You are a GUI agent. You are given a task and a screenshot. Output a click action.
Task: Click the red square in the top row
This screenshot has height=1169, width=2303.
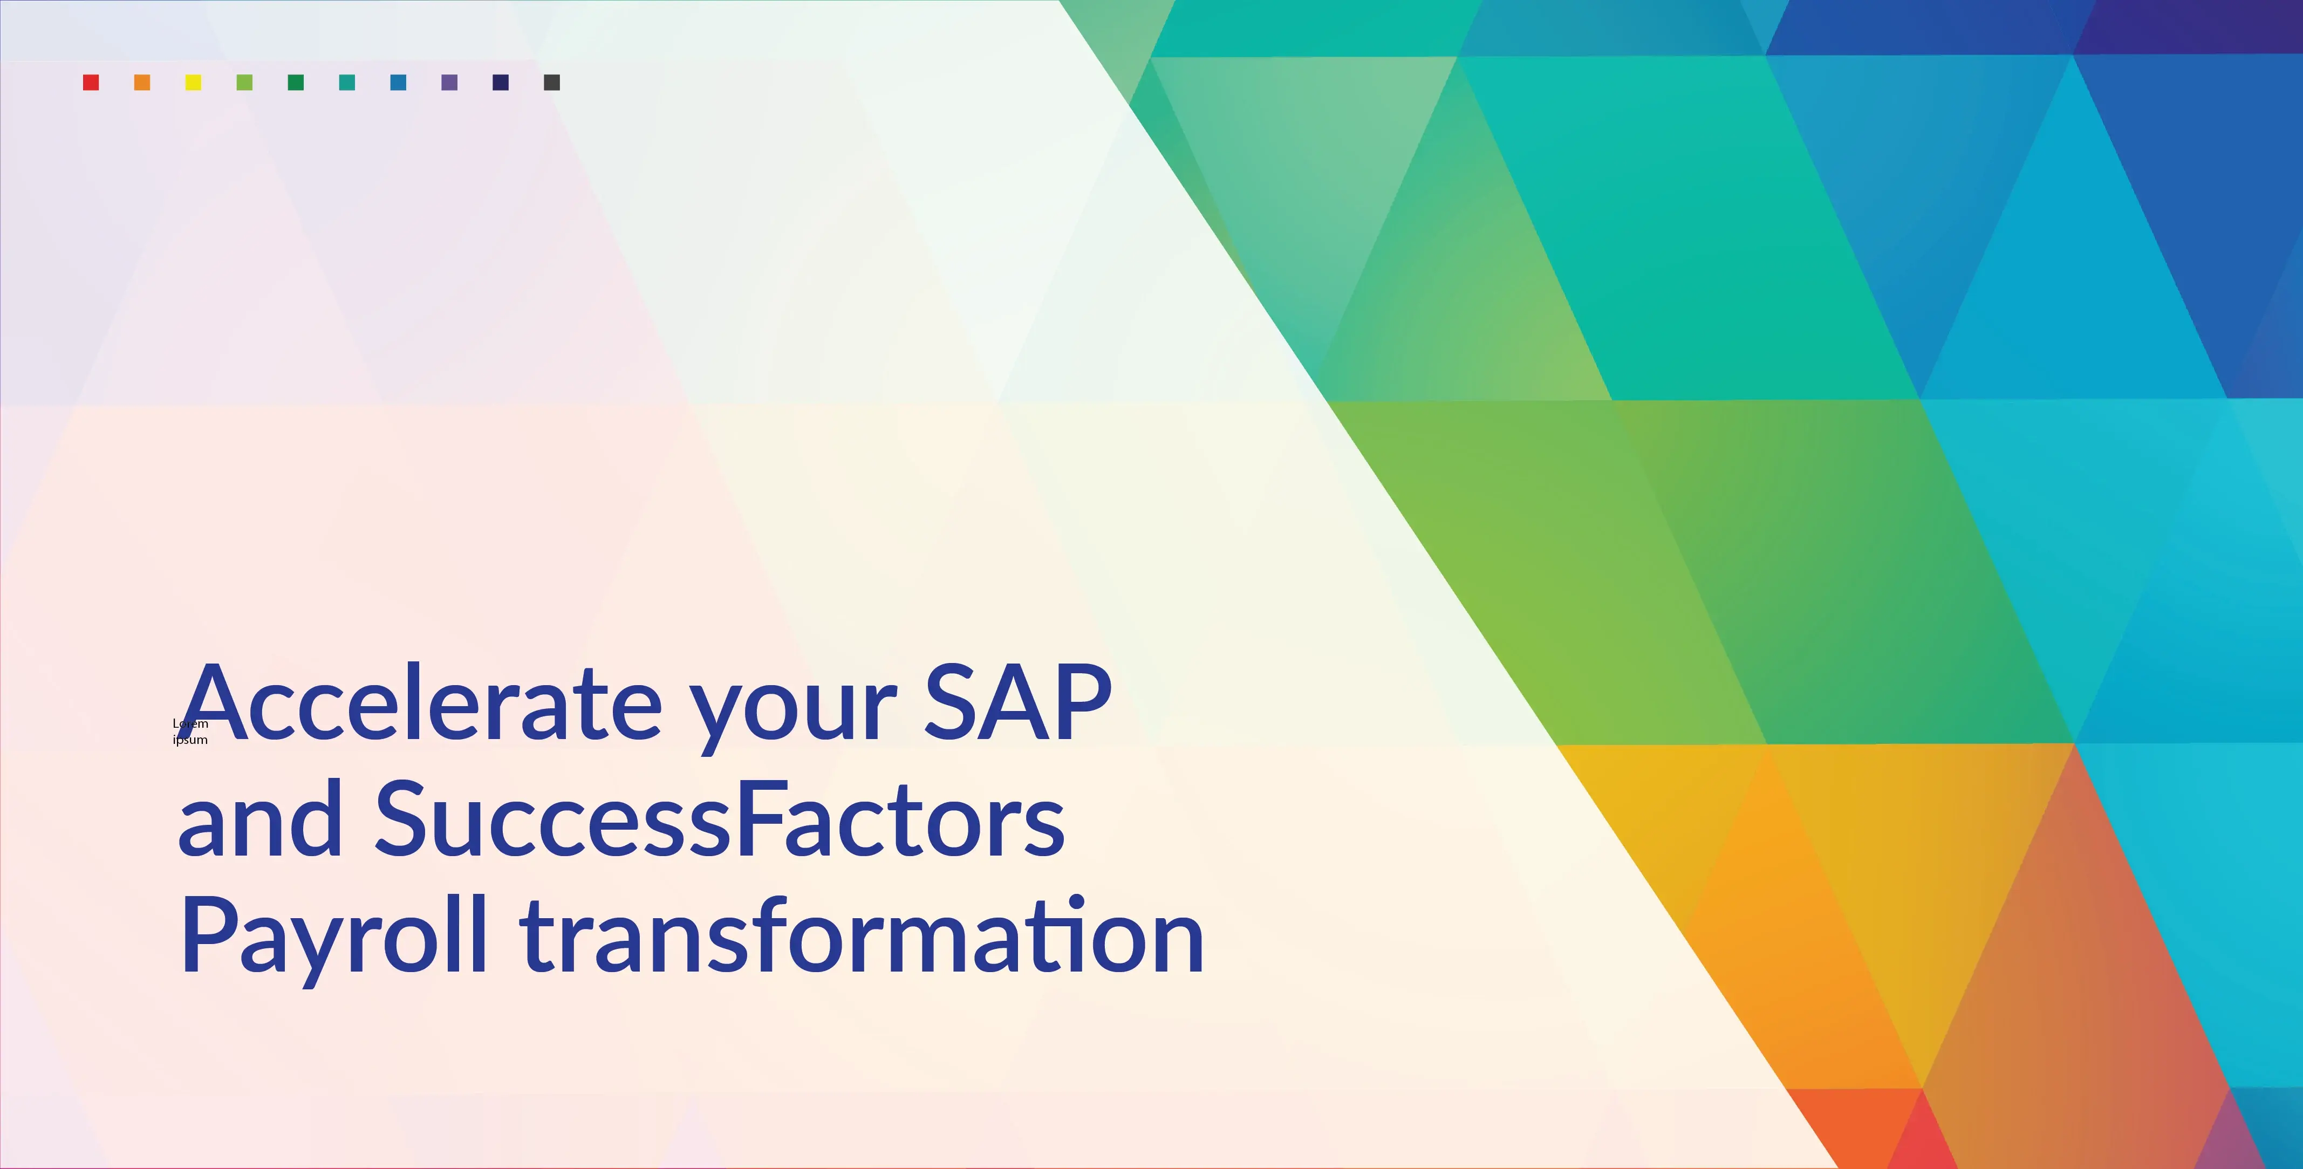90,82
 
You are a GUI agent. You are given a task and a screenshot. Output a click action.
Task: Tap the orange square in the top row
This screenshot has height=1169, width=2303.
142,82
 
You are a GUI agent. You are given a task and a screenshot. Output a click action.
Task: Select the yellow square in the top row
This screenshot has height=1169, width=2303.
193,82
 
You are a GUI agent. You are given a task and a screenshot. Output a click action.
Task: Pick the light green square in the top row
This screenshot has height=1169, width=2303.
244,82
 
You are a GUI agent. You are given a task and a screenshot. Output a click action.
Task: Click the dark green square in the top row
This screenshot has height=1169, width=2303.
296,82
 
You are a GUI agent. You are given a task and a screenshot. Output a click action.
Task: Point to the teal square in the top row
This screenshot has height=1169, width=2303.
347,82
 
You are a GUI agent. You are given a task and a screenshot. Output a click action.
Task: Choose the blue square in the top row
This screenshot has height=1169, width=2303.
399,82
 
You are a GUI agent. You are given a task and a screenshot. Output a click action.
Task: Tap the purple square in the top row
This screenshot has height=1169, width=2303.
450,82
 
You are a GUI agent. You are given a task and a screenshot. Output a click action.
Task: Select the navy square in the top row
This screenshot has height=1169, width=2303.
501,82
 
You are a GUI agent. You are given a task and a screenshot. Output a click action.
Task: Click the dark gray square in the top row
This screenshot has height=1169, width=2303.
552,82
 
